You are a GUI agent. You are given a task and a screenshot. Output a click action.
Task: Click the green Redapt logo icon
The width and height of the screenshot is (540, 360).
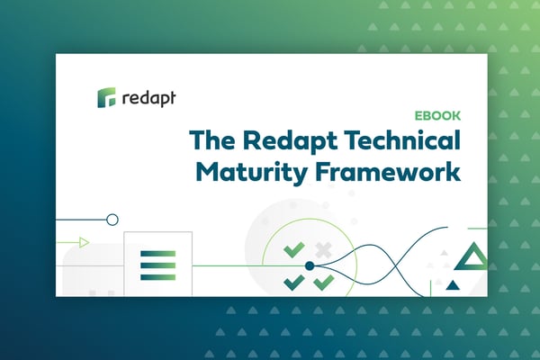[x=106, y=97]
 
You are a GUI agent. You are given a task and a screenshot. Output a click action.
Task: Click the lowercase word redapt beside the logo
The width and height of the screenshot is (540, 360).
[x=148, y=98]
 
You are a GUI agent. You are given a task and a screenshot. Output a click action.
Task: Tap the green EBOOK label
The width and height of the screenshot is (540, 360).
[x=437, y=116]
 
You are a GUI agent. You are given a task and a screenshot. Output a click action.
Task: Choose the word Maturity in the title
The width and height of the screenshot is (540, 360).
[x=251, y=172]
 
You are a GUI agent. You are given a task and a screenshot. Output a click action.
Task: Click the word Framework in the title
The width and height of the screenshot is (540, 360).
[x=388, y=171]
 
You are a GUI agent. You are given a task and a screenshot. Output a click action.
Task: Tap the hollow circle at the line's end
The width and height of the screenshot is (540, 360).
[x=112, y=220]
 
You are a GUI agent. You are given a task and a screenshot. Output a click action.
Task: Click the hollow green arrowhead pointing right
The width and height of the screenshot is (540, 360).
[x=85, y=242]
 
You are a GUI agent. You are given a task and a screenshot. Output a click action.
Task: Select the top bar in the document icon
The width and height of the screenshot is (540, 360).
[x=158, y=254]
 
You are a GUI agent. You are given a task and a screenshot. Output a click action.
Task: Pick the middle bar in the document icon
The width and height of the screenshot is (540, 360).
[x=158, y=265]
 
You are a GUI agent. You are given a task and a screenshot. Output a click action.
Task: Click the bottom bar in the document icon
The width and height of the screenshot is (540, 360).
[x=158, y=277]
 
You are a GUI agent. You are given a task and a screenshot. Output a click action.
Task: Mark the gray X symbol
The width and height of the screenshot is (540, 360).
[x=323, y=250]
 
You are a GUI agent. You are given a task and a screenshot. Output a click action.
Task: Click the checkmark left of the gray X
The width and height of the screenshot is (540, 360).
[x=294, y=250]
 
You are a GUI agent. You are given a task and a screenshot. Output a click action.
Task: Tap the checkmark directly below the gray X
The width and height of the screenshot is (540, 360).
[x=324, y=283]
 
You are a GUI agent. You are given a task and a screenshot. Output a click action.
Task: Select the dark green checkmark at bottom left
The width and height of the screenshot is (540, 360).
[x=294, y=283]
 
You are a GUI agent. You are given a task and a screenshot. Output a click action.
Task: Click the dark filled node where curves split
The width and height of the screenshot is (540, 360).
[x=310, y=265]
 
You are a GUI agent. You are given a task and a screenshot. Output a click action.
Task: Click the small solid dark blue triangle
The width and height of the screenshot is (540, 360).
[x=453, y=285]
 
